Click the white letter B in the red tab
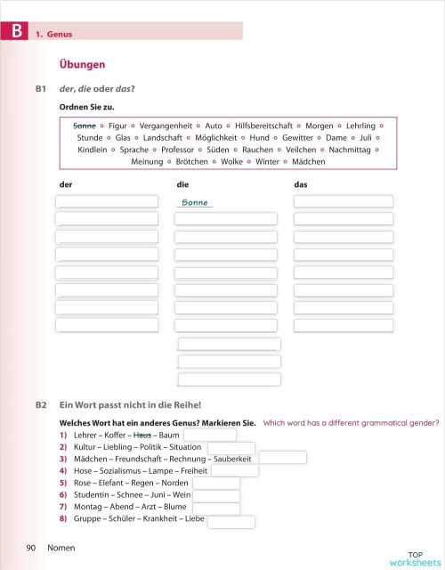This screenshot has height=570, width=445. [14, 33]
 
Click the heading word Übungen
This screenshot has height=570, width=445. [82, 65]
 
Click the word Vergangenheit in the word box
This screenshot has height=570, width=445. [167, 126]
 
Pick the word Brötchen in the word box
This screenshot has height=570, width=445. [191, 161]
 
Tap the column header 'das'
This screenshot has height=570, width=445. [301, 184]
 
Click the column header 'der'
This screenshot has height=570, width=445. [64, 184]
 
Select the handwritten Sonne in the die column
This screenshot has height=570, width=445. [195, 203]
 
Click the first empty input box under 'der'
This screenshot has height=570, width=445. [107, 202]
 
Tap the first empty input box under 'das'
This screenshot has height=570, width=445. [343, 202]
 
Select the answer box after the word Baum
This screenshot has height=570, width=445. [209, 435]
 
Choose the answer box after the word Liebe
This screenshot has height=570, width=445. [231, 522]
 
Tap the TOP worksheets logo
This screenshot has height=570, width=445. [409, 558]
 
